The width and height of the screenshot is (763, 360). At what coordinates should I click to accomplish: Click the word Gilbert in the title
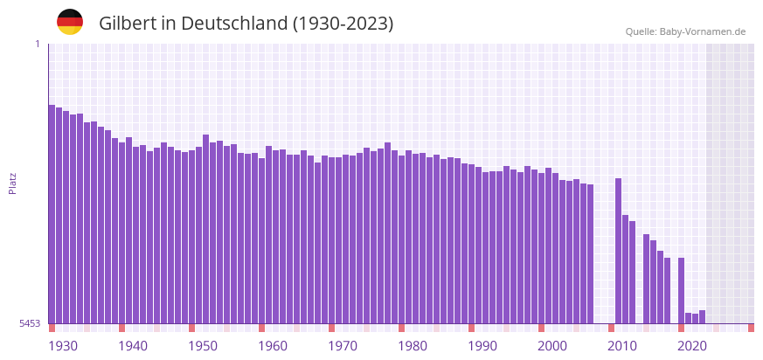pos(127,24)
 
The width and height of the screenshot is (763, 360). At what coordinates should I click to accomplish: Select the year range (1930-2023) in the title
pos(343,24)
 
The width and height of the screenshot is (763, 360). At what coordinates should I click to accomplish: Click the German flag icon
pos(70,22)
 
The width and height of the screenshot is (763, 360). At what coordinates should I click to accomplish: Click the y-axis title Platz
pos(12,183)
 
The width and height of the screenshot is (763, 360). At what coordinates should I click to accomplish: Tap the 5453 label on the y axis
pos(30,323)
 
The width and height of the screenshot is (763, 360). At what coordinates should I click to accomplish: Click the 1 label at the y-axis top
pos(37,44)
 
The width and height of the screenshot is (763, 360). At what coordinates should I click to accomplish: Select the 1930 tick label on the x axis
pos(63,346)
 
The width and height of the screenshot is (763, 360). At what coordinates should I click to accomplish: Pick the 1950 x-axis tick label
pos(203,346)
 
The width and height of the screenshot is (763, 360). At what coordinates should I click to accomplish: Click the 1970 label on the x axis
pos(343,346)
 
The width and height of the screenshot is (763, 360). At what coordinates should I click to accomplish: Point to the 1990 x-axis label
pos(482,346)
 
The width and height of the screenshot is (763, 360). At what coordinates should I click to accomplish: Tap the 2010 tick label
pos(622,346)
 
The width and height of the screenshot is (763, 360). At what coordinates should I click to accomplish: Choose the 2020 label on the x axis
pos(692,346)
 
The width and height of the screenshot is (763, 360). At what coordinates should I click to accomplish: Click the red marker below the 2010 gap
pos(612,328)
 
